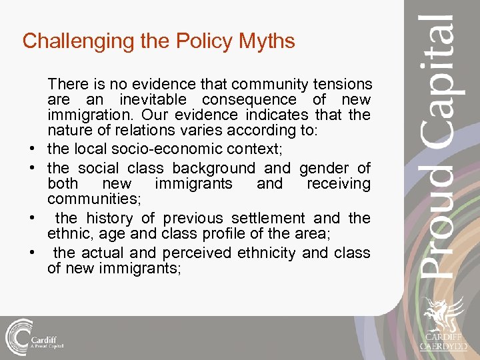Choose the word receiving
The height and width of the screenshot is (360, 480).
338,183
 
